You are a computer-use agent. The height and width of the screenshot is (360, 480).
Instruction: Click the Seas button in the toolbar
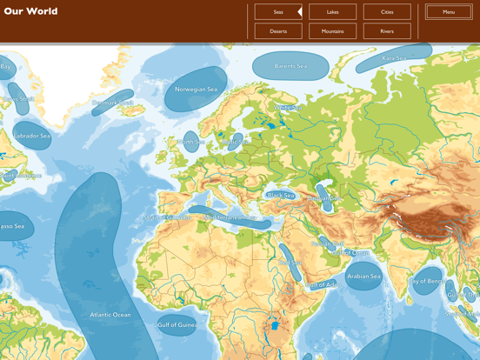point(277,12)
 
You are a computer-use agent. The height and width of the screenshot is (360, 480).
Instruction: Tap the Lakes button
point(332,12)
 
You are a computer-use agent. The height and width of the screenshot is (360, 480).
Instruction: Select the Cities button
point(387,12)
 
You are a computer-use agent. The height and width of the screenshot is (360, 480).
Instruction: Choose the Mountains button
point(332,31)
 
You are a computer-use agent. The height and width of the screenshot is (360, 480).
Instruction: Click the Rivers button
point(387,31)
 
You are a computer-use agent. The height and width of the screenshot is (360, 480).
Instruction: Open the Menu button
point(449,12)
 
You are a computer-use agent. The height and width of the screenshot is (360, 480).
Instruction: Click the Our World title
point(30,11)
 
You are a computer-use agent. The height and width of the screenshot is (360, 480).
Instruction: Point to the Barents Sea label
point(290,66)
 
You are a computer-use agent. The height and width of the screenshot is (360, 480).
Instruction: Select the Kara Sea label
point(394,58)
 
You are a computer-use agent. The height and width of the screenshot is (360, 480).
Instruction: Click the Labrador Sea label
point(33,137)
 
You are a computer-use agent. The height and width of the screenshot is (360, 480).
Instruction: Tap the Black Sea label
point(280,196)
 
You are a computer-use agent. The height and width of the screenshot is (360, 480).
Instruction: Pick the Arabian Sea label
point(363,277)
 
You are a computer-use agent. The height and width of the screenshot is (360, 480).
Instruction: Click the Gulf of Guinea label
point(177,325)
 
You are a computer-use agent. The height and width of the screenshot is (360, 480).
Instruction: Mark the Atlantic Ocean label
point(110,315)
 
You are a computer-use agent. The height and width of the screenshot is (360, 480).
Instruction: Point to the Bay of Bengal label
point(427,281)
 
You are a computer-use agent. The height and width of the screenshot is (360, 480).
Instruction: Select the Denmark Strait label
point(113,103)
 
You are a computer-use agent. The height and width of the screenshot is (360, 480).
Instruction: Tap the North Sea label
point(190,142)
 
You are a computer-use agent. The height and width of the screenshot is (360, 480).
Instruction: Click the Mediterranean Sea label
point(230,217)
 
